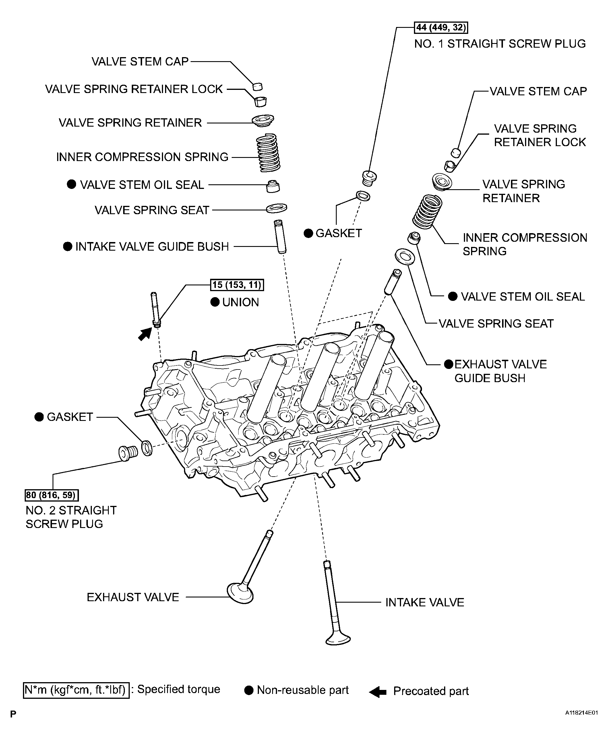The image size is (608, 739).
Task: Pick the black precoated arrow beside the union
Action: pos(144,334)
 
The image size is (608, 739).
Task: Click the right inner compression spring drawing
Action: pos(427,212)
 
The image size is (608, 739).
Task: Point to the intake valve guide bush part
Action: pos(280,236)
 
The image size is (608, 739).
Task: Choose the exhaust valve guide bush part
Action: pos(392,282)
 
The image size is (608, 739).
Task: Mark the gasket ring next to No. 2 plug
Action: pos(147,448)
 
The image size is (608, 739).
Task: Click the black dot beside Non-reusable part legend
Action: pos(249,690)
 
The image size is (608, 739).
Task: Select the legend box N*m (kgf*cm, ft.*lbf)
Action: pos(76,690)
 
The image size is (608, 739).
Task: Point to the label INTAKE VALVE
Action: pos(425,602)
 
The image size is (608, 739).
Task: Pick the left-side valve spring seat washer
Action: pos(277,208)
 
